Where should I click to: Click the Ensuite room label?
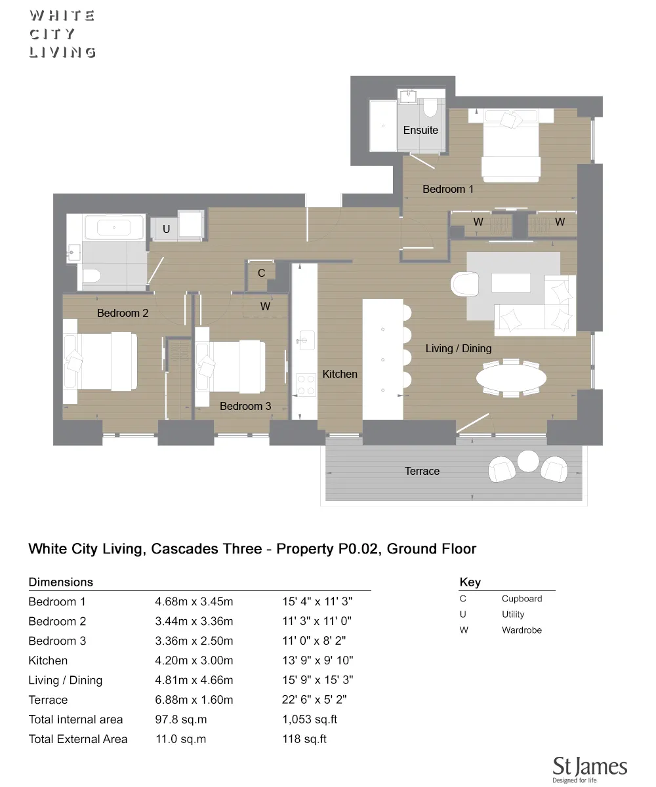coord(420,130)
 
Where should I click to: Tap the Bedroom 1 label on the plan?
coord(448,189)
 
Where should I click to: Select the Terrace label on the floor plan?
coord(422,471)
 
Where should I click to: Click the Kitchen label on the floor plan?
coord(340,374)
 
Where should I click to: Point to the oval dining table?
coord(511,378)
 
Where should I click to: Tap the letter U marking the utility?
coord(167,229)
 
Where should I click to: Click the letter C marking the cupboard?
coord(261,273)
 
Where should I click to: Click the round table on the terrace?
coord(528,461)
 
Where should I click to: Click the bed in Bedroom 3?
coord(230,366)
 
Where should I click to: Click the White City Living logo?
coord(62,34)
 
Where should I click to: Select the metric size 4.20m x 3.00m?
coord(194,660)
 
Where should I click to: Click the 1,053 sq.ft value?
coord(310,719)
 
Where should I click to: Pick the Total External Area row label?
coord(78,739)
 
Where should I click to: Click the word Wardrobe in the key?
coord(522,630)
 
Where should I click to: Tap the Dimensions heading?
coord(61,582)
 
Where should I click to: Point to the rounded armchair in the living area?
coord(466,284)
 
